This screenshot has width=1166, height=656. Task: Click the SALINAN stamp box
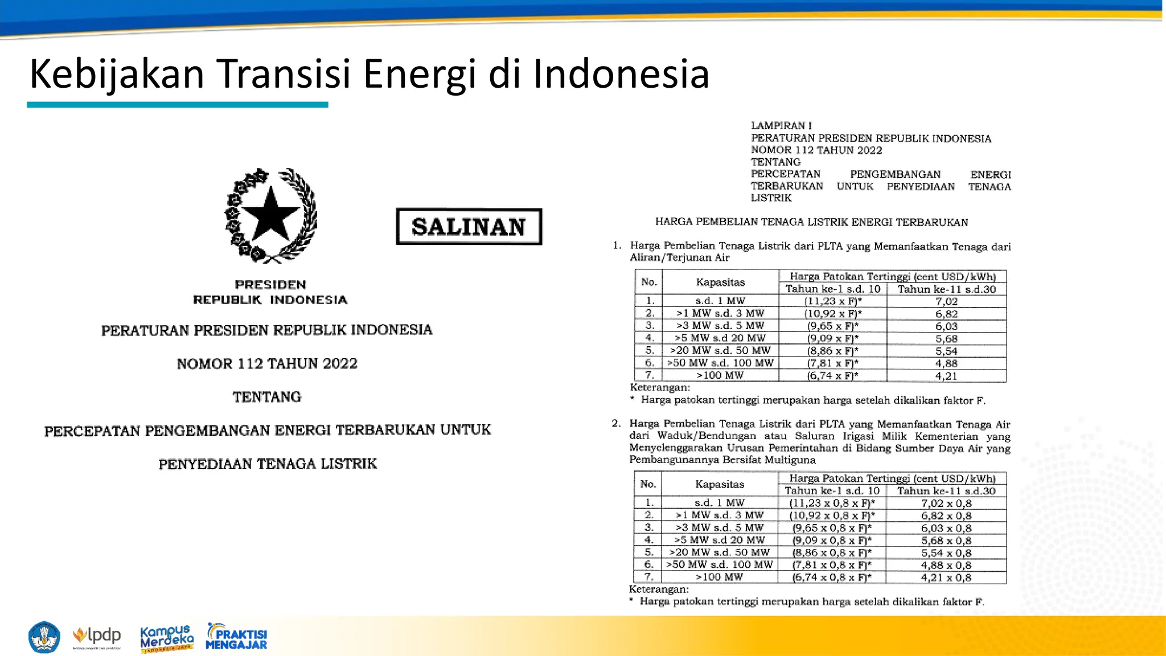tap(469, 227)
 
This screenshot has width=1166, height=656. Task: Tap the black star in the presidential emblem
tap(271, 215)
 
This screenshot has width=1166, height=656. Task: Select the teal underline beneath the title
tap(177, 105)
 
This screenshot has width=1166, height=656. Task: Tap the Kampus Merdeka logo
tap(167, 638)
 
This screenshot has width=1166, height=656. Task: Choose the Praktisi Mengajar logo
tap(236, 637)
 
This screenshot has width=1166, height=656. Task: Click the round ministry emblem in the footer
tap(44, 637)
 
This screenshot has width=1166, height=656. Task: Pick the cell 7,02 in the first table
tap(946, 301)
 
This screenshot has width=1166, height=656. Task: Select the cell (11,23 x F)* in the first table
tap(833, 301)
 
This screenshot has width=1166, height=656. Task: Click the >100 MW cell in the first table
tap(720, 375)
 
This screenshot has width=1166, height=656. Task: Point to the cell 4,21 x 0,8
tap(946, 577)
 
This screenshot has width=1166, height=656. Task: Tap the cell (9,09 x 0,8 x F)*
tap(832, 540)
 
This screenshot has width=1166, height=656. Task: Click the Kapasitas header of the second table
tap(720, 484)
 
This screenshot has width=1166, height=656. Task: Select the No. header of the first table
tap(649, 282)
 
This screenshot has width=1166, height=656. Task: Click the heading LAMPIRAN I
tap(781, 126)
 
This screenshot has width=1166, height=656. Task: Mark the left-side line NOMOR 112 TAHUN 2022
tap(267, 363)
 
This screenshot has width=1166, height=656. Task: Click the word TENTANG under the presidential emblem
tap(267, 397)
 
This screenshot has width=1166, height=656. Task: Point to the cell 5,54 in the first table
tap(946, 351)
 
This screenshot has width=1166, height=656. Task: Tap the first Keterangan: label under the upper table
tap(660, 388)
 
